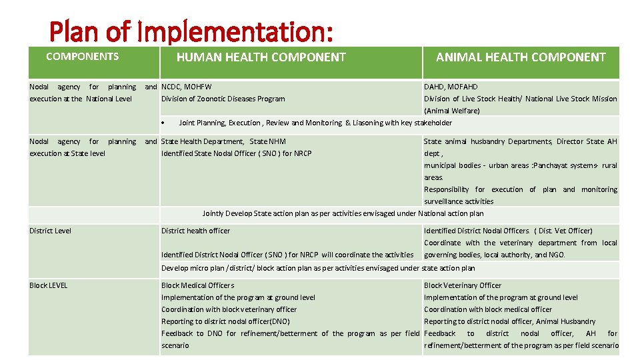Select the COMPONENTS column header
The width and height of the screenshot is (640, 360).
pos(82,57)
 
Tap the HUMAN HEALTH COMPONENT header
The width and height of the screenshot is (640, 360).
pos(261,57)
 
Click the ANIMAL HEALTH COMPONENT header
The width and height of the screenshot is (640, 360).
pos(521,57)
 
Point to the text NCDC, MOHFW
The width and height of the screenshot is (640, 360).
pos(187,87)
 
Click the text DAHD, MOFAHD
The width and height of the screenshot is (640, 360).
pos(451,87)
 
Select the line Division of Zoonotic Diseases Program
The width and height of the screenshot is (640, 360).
pos(223,99)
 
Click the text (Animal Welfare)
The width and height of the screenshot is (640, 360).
pos(452,111)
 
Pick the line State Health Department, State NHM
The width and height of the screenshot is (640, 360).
pos(223,141)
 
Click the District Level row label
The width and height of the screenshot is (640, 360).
pos(50,231)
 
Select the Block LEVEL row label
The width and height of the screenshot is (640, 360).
pos(48,285)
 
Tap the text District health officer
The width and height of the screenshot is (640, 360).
pos(195,231)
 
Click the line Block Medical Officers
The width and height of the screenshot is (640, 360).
pos(197,285)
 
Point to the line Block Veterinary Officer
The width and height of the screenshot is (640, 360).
pos(463,285)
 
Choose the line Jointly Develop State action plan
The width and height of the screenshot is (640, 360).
pos(343,213)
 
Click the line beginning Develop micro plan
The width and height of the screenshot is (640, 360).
pos(318,268)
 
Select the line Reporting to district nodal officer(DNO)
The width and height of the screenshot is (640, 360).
pos(225,321)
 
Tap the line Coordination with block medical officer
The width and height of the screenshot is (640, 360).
pos(488,309)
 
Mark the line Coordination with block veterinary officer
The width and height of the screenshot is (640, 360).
pos(229,309)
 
